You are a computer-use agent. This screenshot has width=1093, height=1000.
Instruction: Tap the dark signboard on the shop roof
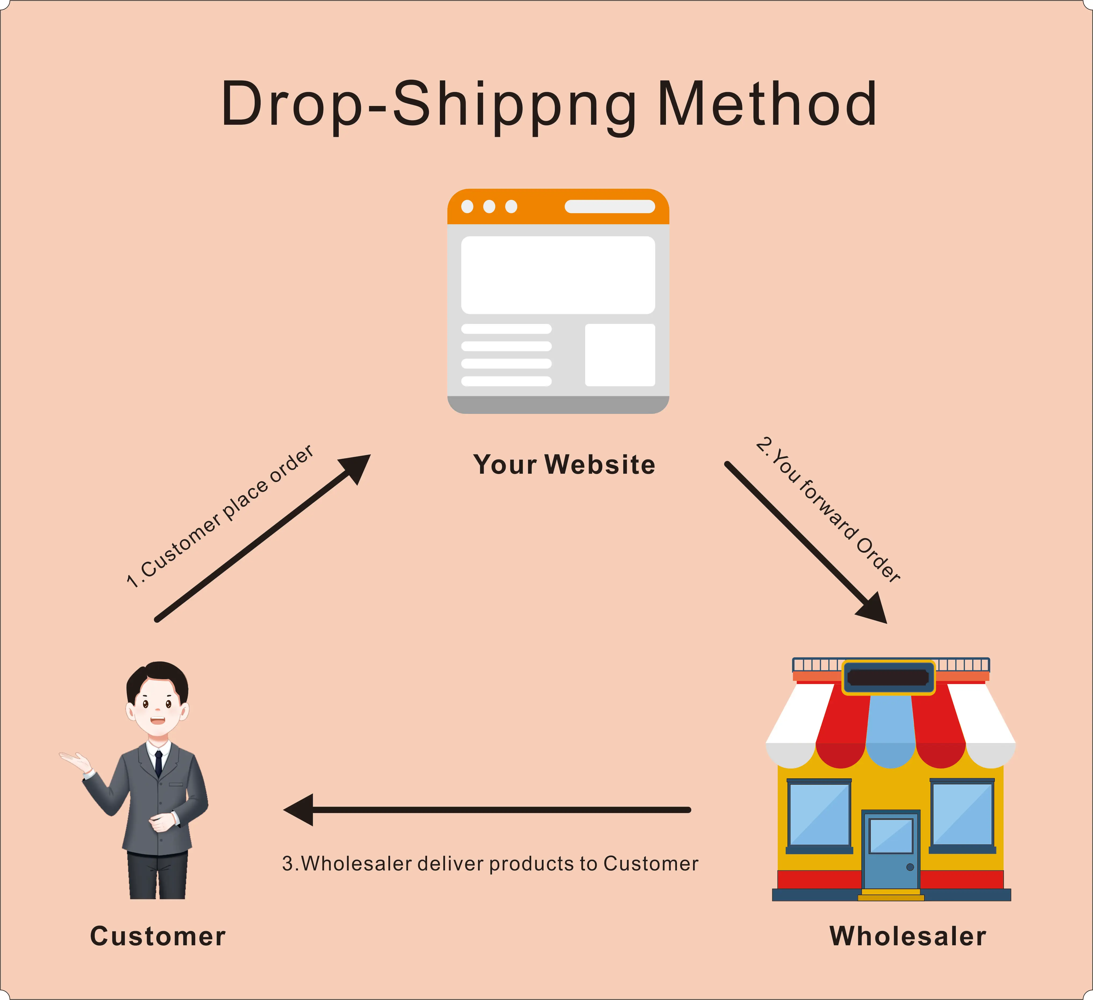[x=888, y=677]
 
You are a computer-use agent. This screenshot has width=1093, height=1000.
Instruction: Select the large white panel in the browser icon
[x=558, y=275]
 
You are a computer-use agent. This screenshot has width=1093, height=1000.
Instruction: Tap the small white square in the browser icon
[x=620, y=355]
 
